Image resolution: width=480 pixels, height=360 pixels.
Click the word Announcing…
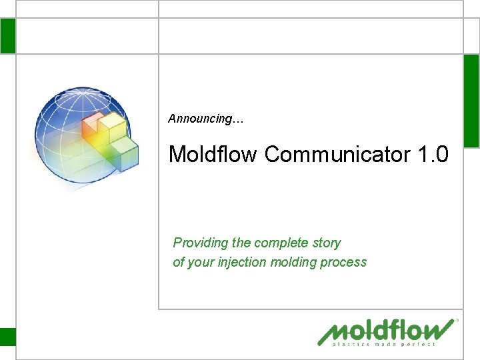[x=206, y=119]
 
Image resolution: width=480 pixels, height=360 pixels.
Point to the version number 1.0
[x=433, y=155]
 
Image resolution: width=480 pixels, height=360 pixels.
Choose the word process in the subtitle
[x=343, y=262]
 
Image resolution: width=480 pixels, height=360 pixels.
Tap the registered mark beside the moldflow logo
[x=457, y=321]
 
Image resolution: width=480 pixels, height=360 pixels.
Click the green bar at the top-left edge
[x=7, y=36]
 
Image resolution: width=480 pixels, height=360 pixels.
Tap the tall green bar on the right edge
[x=471, y=101]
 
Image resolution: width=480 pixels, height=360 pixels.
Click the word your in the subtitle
[x=200, y=262]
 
